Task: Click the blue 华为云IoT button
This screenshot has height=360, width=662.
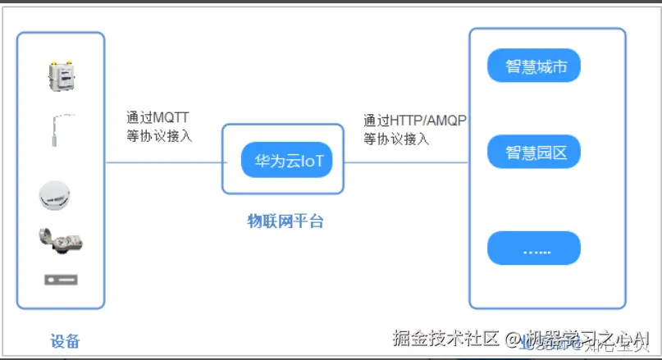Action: click(x=285, y=160)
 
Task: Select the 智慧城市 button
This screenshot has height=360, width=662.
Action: click(x=534, y=66)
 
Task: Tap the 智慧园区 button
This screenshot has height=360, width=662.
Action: click(x=534, y=152)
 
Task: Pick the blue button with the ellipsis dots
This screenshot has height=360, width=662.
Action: click(x=534, y=248)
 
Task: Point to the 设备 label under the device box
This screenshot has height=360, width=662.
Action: click(x=65, y=341)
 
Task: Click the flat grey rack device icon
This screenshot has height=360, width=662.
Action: click(x=61, y=280)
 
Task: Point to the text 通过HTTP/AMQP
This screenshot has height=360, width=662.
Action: click(x=414, y=121)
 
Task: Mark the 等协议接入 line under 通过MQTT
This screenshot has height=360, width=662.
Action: click(x=159, y=136)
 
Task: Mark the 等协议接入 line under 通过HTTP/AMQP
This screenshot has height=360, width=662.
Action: click(x=396, y=139)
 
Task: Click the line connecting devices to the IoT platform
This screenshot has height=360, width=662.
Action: click(x=163, y=162)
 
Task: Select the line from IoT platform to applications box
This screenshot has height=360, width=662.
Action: click(x=406, y=162)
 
